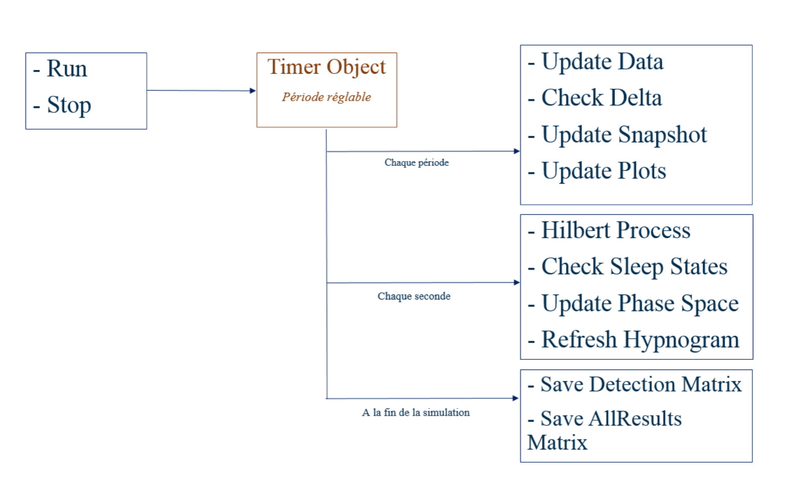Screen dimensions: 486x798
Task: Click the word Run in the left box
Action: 66,69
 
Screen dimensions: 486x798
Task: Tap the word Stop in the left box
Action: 69,105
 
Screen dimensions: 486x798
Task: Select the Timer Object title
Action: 326,67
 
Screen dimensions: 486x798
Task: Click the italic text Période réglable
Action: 326,97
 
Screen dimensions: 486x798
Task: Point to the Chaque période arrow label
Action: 416,163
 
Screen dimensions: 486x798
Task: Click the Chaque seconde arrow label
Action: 413,296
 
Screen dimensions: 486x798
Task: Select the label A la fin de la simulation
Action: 415,413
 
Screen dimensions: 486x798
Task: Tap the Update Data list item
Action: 602,62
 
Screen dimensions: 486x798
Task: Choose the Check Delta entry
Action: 601,98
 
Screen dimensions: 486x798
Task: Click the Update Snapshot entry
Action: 623,135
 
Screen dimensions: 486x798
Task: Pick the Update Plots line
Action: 603,171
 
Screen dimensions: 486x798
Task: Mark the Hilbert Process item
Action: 615,231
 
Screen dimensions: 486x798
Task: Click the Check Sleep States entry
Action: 634,267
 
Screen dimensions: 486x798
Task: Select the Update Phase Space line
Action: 639,304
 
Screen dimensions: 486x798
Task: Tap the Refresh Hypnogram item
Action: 640,340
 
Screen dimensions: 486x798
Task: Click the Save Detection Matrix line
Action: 640,385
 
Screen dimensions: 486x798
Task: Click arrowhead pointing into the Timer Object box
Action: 253,91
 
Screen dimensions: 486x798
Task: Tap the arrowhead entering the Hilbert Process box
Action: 516,282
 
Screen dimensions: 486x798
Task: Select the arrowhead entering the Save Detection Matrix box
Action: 515,398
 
